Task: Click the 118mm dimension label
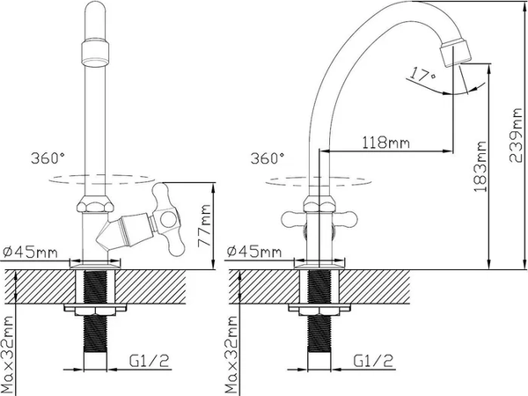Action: click(x=386, y=143)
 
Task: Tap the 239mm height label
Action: click(x=516, y=136)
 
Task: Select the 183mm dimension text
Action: click(x=480, y=166)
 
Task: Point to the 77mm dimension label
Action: click(x=204, y=225)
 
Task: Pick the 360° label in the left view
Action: click(x=48, y=158)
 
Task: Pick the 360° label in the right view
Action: click(x=268, y=158)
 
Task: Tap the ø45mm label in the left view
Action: click(x=30, y=252)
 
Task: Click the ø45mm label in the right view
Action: click(x=254, y=251)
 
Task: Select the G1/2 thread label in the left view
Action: click(x=149, y=361)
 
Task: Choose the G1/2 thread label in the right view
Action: click(x=373, y=361)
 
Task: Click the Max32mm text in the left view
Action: click(x=7, y=356)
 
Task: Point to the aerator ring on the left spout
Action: click(x=95, y=53)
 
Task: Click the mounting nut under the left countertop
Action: click(x=95, y=310)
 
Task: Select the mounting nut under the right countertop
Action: click(x=319, y=310)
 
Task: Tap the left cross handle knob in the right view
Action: click(x=293, y=220)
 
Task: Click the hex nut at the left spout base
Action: click(x=95, y=203)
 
